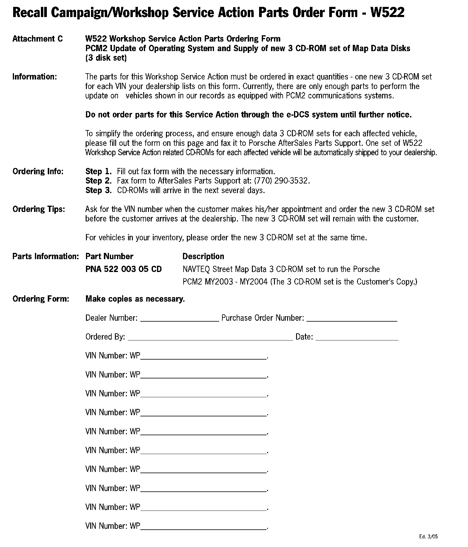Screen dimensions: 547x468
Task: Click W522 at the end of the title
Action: (x=387, y=13)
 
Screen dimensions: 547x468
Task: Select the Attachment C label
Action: (x=38, y=39)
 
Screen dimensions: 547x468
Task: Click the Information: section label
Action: (x=34, y=77)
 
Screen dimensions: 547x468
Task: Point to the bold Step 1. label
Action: (x=98, y=172)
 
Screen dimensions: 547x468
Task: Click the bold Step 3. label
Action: (x=98, y=190)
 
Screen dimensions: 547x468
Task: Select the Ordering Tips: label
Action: (x=39, y=209)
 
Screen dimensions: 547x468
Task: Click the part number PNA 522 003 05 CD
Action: (x=124, y=269)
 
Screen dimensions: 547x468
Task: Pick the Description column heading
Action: (x=203, y=256)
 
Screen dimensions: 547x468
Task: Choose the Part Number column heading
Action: (x=109, y=256)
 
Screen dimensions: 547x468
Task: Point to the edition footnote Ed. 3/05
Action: (x=428, y=537)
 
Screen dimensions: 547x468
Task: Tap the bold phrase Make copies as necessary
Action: (x=135, y=299)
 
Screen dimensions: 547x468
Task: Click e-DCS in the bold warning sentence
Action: (x=298, y=115)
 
